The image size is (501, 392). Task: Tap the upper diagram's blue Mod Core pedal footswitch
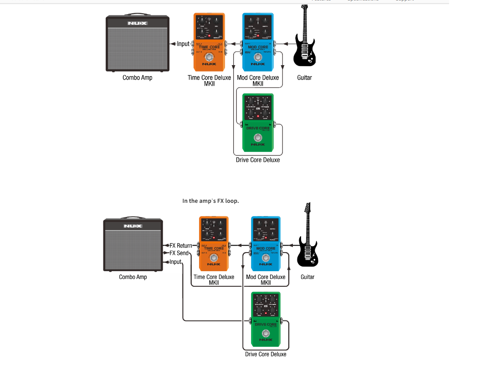click(x=258, y=57)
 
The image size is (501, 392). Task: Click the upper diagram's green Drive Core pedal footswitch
click(x=258, y=138)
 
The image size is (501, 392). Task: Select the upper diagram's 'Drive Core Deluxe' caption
click(x=258, y=160)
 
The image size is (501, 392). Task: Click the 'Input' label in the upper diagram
click(x=183, y=44)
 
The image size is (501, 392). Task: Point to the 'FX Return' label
click(x=181, y=246)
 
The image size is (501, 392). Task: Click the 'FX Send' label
click(x=179, y=253)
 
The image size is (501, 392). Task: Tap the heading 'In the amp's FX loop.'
click(x=210, y=201)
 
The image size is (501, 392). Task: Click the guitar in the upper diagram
click(x=305, y=41)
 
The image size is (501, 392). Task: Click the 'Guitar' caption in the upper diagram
click(x=304, y=77)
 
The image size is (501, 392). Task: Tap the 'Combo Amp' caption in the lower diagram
click(x=133, y=277)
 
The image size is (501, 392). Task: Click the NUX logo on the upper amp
click(x=137, y=23)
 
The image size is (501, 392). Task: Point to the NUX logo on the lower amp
click(x=133, y=226)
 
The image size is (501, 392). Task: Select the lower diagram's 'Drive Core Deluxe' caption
click(x=266, y=354)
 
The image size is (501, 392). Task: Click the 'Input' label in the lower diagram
click(x=175, y=262)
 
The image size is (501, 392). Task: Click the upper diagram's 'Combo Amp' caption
click(x=138, y=77)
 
